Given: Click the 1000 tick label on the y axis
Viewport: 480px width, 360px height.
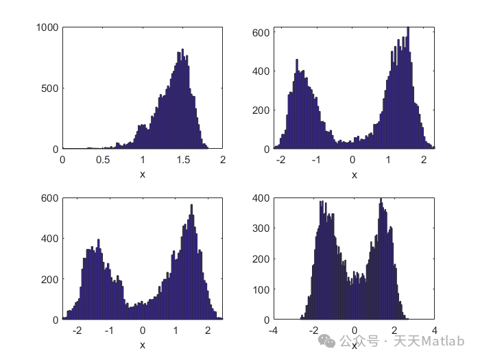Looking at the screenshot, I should [49, 27].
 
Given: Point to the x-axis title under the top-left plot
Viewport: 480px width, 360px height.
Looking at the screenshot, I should [143, 174].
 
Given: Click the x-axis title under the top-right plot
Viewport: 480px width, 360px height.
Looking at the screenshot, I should [355, 174].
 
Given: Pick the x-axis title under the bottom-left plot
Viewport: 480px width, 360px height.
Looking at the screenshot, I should [143, 345].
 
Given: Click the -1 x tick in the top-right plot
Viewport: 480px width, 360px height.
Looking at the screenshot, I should [316, 160].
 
